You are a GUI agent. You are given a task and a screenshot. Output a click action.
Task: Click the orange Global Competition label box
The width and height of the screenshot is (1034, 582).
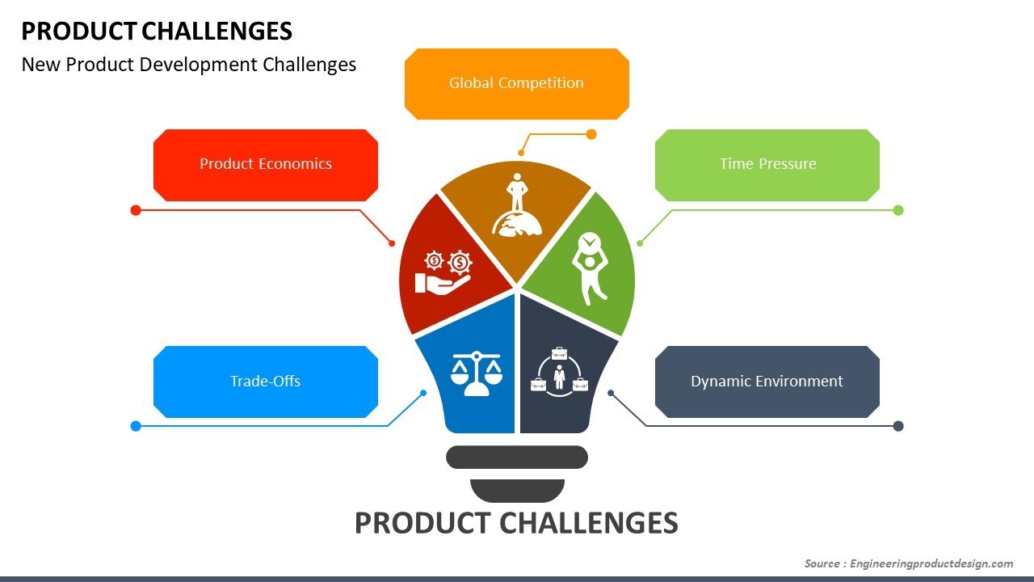pos(516,83)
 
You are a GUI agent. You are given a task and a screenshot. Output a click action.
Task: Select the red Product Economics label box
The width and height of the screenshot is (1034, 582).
pos(266,164)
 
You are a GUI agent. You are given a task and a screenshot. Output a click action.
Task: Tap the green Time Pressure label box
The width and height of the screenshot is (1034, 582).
pos(767,164)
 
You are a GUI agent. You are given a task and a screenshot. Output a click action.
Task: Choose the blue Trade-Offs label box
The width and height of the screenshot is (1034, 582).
pos(266,382)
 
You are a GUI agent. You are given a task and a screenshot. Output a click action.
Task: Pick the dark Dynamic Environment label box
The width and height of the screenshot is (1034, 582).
pos(767,382)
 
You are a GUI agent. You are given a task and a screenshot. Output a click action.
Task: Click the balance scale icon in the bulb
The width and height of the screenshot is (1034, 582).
pos(476,372)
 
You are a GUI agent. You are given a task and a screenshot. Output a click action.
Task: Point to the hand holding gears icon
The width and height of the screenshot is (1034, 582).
pos(443,272)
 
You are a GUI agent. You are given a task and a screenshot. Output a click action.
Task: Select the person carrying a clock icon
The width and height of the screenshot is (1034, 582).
pos(590,267)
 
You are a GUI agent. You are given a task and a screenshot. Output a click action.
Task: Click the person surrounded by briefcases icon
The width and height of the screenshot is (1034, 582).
pos(558,373)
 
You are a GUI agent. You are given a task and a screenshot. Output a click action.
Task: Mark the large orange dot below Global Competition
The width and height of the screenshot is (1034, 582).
pos(591,134)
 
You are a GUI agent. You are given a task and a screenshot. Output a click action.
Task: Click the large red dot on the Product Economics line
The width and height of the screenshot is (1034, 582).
pos(136,210)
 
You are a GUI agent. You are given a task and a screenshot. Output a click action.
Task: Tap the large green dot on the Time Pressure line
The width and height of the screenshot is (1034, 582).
pos(898,210)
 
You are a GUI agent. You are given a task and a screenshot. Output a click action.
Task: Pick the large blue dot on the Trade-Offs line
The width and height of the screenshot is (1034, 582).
pos(136,426)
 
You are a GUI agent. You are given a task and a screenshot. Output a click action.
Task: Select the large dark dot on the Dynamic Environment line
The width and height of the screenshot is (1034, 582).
pos(898,426)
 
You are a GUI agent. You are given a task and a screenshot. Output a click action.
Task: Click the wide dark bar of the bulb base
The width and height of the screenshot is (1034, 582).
pos(517,458)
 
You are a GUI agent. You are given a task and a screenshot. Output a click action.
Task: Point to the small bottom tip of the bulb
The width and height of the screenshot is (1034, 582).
pos(517,490)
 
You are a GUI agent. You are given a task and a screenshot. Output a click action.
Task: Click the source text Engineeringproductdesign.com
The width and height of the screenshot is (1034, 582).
pos(931,563)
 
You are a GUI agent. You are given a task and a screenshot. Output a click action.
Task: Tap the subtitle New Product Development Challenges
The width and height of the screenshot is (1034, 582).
pos(189,65)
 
